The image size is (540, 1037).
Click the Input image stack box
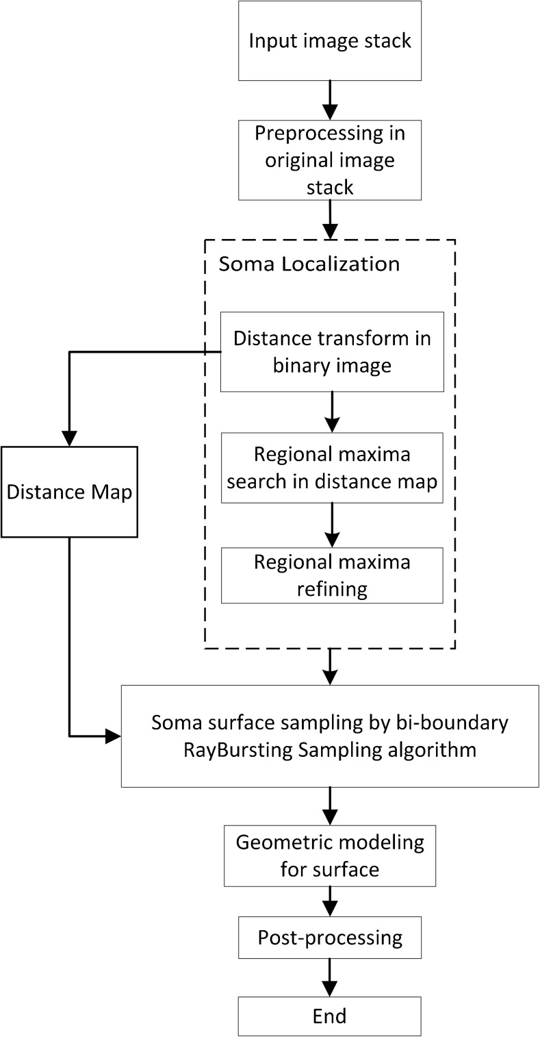tap(330, 40)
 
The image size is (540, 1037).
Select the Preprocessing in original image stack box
tap(330, 160)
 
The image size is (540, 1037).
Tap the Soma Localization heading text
tap(309, 264)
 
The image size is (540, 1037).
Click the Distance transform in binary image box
tap(332, 351)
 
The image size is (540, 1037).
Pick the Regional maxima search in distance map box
tap(332, 467)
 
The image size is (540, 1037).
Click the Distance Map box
tap(69, 491)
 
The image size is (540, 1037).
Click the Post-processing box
tap(330, 937)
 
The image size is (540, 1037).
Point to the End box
tap(330, 1014)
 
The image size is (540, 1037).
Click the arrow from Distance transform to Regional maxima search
tap(332, 412)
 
